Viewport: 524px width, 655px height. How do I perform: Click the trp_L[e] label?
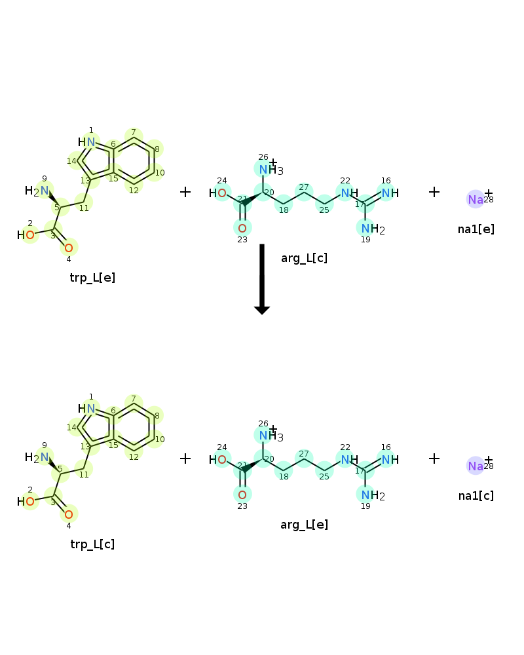[92, 278]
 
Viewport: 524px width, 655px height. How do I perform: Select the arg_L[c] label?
[304, 258]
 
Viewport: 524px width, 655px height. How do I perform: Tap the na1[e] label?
[476, 229]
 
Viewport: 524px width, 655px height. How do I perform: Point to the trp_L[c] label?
[92, 544]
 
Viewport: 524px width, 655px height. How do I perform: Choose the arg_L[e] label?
[304, 525]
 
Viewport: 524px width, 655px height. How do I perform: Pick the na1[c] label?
[476, 496]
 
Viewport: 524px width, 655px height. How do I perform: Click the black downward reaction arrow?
[262, 279]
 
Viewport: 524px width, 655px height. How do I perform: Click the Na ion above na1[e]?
[476, 200]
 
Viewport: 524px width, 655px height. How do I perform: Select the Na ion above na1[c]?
[476, 466]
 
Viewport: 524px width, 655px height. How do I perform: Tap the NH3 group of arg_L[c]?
[271, 170]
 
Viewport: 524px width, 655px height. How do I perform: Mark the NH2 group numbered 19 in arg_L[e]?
[373, 495]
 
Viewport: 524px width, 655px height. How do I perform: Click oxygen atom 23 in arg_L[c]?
[242, 228]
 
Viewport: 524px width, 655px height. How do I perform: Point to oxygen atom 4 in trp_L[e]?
[69, 248]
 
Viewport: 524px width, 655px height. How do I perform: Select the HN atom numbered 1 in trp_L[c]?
[86, 409]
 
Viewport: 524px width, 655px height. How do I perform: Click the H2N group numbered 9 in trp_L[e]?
[37, 191]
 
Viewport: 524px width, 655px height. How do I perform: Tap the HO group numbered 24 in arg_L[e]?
[217, 460]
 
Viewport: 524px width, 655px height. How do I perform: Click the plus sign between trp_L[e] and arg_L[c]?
[185, 192]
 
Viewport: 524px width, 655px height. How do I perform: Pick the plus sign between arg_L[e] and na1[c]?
[434, 458]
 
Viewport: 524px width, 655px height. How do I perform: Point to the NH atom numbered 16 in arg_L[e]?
[390, 460]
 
